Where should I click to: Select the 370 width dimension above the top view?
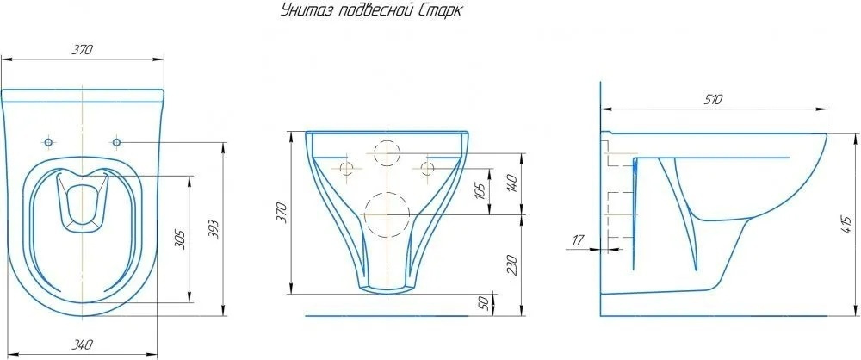click(83, 50)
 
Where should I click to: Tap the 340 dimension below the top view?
click(83, 345)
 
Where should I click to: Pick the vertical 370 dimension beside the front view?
click(282, 213)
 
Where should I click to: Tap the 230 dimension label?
click(511, 265)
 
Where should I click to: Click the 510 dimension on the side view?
click(713, 100)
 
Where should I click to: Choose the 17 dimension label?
click(578, 239)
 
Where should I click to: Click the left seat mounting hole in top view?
click(48, 143)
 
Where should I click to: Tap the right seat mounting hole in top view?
click(116, 143)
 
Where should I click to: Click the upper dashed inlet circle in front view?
click(387, 153)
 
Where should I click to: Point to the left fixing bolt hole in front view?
click(347, 168)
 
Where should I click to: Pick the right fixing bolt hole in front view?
click(428, 168)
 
